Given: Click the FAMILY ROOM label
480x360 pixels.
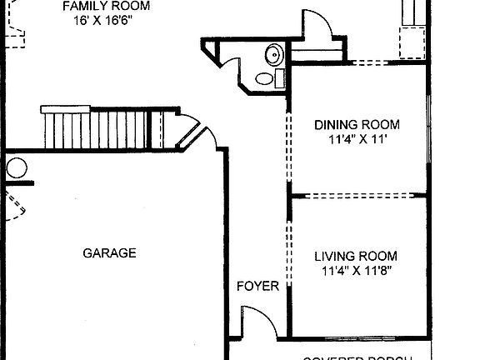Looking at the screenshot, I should pyautogui.click(x=106, y=6).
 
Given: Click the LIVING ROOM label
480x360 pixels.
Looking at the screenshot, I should pyautogui.click(x=356, y=256).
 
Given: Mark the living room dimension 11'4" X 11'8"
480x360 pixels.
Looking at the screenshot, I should pyautogui.click(x=356, y=271).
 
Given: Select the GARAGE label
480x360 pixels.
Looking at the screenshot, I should pyautogui.click(x=109, y=253).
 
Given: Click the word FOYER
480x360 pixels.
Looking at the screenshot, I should pyautogui.click(x=257, y=286).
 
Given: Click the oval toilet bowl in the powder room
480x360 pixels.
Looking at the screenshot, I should pyautogui.click(x=264, y=79).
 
